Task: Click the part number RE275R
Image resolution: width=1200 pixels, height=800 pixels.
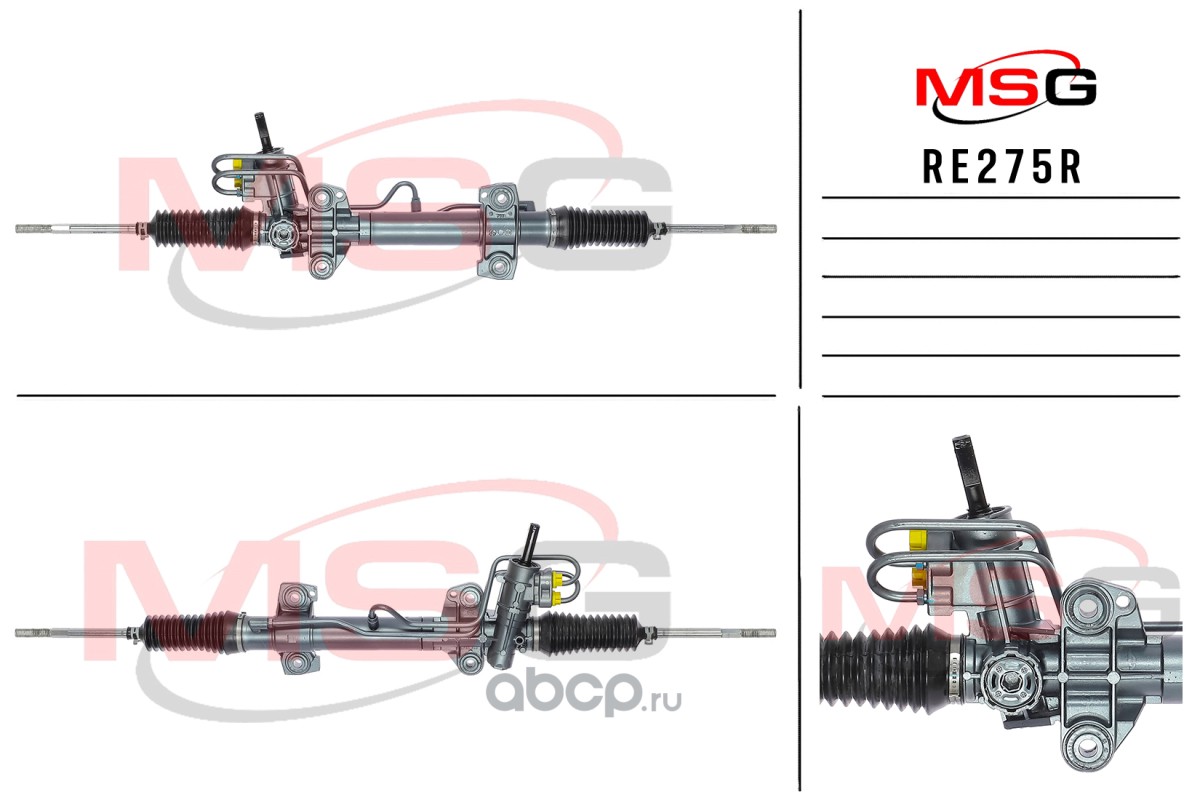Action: (x=1001, y=168)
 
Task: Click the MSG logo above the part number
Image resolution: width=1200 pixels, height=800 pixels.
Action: (x=1006, y=86)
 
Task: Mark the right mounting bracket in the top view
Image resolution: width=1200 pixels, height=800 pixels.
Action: (x=499, y=230)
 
